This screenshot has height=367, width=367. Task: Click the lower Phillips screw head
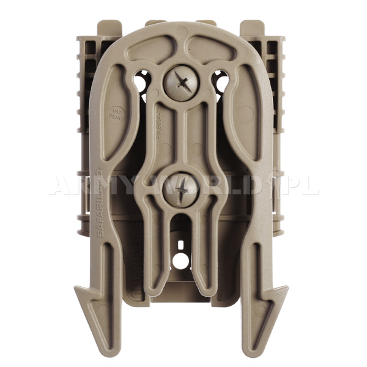(x=182, y=189)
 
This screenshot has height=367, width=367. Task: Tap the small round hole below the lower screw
(x=180, y=261)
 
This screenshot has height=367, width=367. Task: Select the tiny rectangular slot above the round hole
(x=180, y=245)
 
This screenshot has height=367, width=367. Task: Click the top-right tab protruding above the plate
(x=252, y=28)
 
